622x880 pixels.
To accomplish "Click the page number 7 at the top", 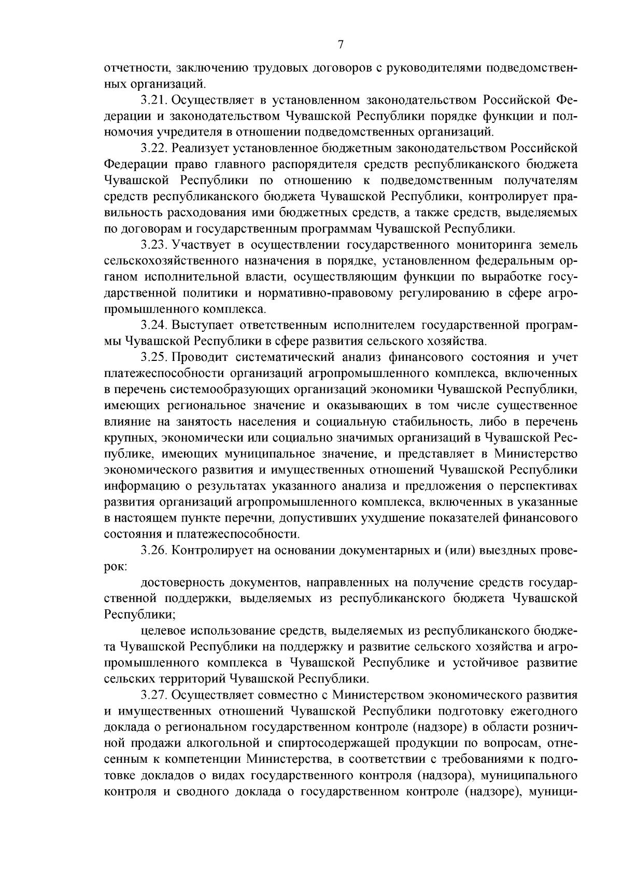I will (x=341, y=45).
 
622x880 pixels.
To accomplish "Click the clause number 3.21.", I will (x=154, y=100).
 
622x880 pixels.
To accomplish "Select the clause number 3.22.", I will (x=154, y=149).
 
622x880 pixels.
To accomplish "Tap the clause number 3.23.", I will (x=154, y=245).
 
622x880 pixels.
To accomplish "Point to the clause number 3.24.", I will (x=154, y=326).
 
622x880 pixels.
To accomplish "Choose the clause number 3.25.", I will (x=154, y=358).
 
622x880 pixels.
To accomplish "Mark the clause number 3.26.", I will (x=154, y=551).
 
